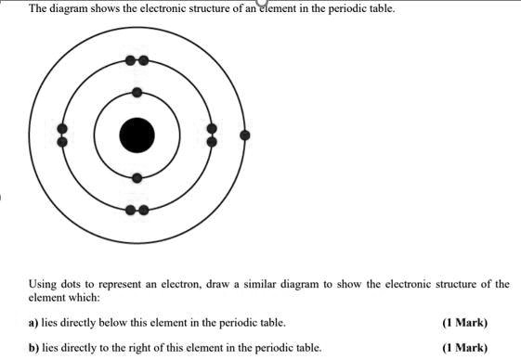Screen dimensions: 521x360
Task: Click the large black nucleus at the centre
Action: (x=137, y=135)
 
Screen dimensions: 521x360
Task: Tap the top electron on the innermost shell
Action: (x=137, y=92)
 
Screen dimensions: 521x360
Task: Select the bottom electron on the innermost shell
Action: (x=137, y=177)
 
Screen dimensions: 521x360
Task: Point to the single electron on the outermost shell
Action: (x=244, y=135)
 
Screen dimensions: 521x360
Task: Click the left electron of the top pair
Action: (x=131, y=60)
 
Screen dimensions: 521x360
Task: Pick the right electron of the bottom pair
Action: (x=143, y=210)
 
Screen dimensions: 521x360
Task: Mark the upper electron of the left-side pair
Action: (x=62, y=128)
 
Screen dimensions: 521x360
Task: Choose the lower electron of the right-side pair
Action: (x=212, y=142)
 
